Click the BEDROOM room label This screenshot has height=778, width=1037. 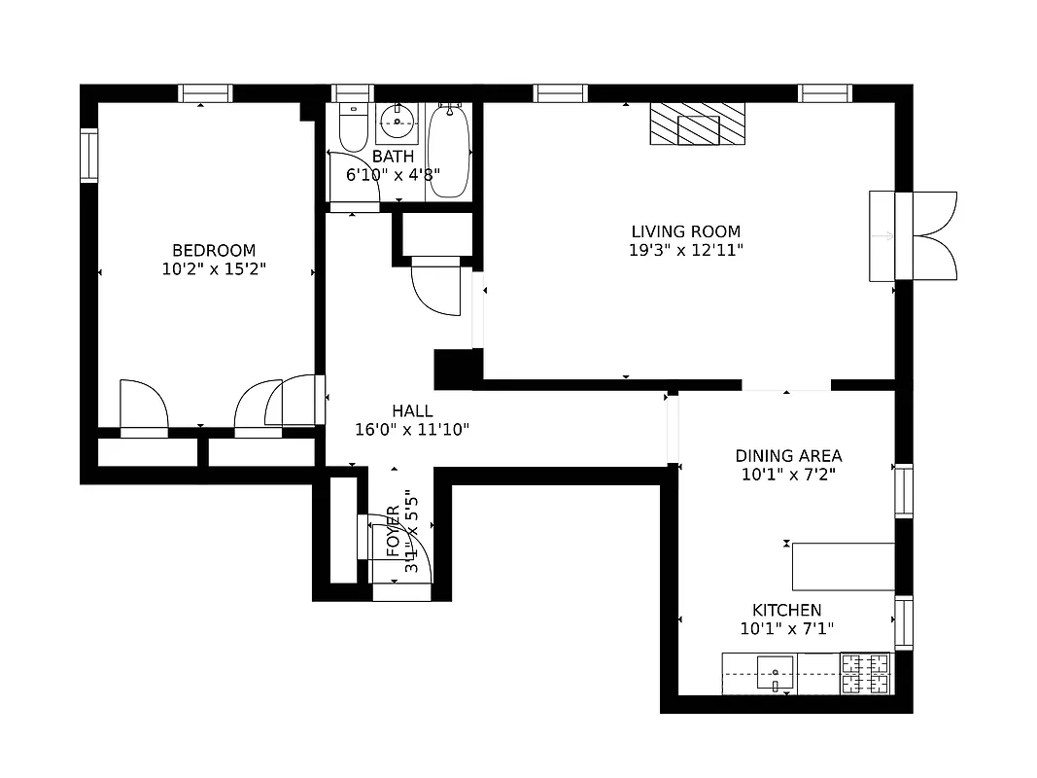click(213, 250)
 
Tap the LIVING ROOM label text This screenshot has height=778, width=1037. click(685, 231)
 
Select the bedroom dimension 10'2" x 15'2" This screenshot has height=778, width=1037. click(213, 268)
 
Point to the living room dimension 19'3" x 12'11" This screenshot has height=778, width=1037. click(685, 250)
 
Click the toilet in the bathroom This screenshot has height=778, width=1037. click(352, 125)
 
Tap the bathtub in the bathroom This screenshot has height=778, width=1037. click(449, 152)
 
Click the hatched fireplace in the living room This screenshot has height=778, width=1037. click(698, 124)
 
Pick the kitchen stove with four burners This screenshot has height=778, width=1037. click(865, 674)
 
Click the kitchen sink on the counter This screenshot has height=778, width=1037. click(775, 672)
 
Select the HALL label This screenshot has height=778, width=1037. click(412, 411)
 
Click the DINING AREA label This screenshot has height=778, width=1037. click(788, 456)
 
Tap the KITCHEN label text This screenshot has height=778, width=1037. click(787, 610)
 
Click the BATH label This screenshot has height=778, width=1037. click(393, 157)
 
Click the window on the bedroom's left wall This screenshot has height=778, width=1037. click(89, 155)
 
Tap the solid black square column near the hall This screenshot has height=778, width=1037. click(457, 370)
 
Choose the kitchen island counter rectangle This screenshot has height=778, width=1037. click(843, 566)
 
